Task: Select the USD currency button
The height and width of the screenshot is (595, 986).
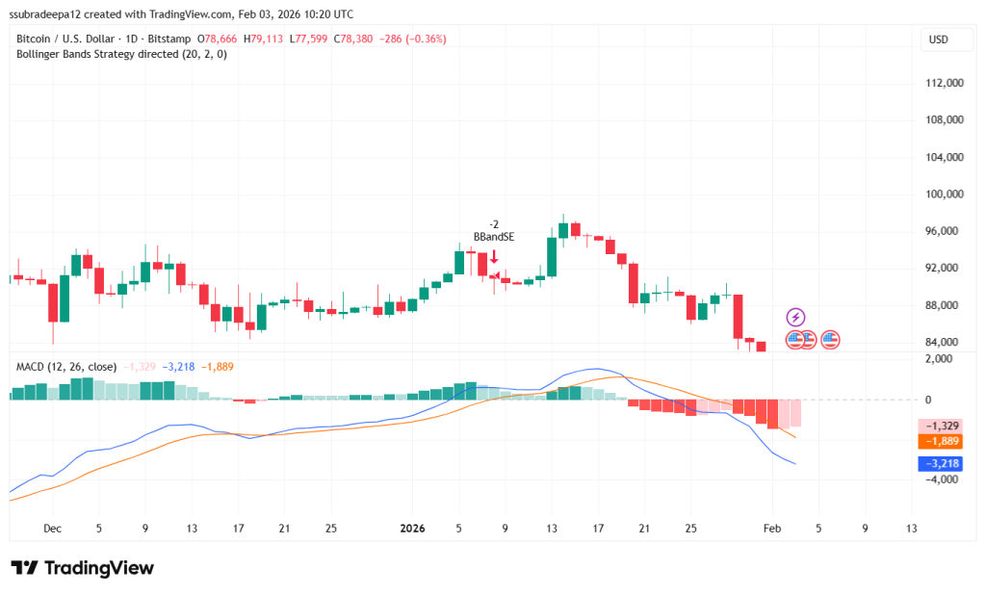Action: (937, 39)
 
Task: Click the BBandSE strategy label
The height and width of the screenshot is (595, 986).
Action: (493, 236)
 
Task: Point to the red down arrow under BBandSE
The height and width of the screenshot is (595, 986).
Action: (494, 256)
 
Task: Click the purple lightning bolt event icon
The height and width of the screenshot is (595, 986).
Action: (795, 317)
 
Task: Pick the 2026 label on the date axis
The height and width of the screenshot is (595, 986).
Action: (412, 528)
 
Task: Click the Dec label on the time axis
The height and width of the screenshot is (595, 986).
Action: (53, 528)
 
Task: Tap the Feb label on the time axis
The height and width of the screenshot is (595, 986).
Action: (770, 528)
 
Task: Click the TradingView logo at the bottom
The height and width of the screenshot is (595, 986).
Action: (82, 568)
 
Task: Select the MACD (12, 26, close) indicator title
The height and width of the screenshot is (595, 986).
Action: (66, 367)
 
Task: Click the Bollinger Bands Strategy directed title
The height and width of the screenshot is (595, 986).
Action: (122, 54)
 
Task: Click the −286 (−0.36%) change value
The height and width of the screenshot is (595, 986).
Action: (409, 39)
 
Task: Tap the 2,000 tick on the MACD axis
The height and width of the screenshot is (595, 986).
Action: (937, 358)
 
